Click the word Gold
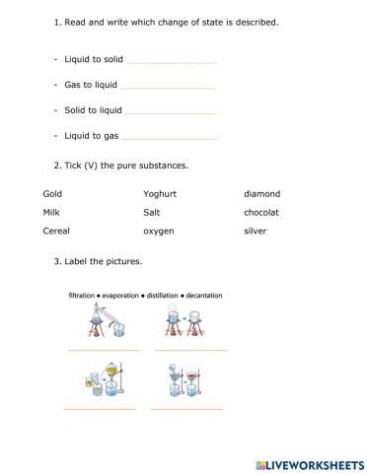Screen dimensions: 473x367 click(52, 194)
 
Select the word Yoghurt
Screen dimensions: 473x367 click(160, 194)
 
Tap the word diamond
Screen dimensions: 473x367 click(261, 194)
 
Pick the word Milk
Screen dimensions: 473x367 click(51, 212)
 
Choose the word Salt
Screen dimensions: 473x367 click(152, 212)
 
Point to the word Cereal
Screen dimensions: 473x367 click(56, 231)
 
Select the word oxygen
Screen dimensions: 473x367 click(159, 231)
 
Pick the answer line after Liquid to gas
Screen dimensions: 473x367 click(169, 137)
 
